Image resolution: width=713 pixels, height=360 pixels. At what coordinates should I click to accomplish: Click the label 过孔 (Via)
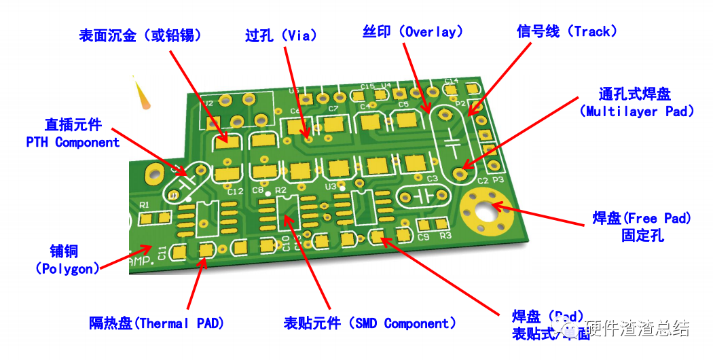pyautogui.click(x=280, y=35)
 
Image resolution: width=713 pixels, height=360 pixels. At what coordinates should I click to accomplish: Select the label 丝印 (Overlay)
pyautogui.click(x=412, y=31)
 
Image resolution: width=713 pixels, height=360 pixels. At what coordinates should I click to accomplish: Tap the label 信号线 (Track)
pyautogui.click(x=567, y=31)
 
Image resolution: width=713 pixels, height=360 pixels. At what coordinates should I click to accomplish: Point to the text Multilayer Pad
pyautogui.click(x=637, y=111)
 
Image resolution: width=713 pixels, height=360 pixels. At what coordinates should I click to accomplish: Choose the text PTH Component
pyautogui.click(x=73, y=142)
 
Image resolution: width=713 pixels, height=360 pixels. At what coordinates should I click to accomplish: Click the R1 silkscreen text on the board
pyautogui.click(x=144, y=204)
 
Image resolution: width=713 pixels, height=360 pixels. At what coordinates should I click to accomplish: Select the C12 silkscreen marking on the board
pyautogui.click(x=235, y=192)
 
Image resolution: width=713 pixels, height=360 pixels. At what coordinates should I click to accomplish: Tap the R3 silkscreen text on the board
pyautogui.click(x=445, y=236)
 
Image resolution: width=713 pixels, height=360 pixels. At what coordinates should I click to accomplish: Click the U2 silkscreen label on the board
pyautogui.click(x=207, y=104)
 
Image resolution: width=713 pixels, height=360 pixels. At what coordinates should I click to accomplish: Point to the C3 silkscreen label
pyautogui.click(x=432, y=178)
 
